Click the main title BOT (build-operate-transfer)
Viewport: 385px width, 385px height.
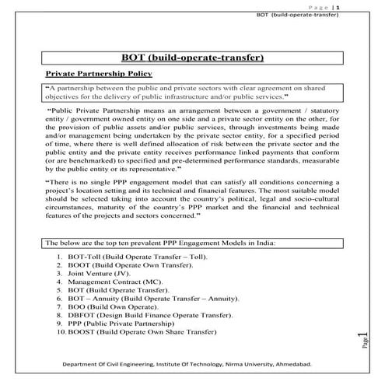point(192,58)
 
